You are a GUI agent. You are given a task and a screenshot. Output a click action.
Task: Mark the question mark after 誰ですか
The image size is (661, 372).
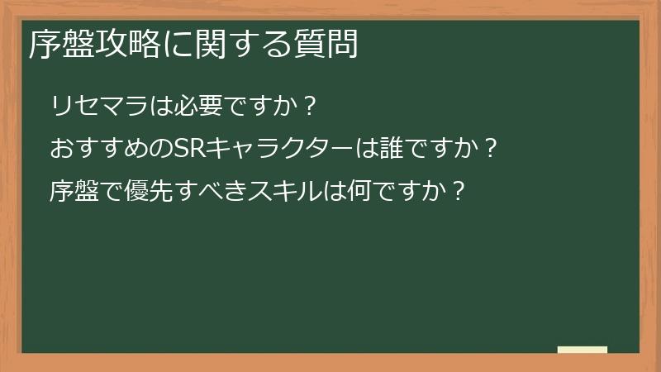coord(490,150)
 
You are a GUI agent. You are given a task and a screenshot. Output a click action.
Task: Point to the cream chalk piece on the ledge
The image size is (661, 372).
coord(582,350)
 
